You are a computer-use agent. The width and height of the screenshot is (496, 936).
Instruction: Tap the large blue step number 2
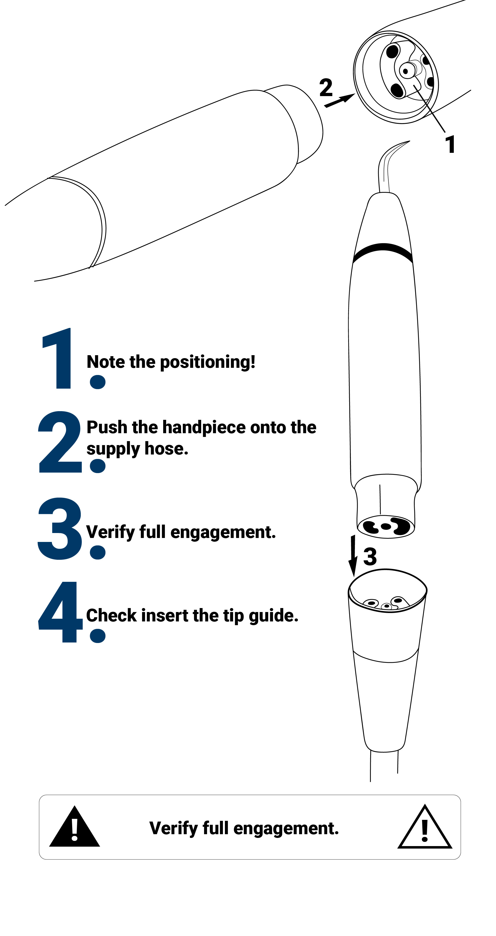click(60, 442)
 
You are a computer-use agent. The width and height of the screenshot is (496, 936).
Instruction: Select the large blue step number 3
click(60, 528)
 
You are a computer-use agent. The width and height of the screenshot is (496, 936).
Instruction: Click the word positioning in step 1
click(207, 363)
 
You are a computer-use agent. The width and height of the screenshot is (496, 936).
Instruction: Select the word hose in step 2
click(166, 449)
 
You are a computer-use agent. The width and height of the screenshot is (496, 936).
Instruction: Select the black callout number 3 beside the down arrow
click(370, 557)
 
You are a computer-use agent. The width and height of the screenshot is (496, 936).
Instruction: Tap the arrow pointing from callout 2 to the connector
click(340, 100)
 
